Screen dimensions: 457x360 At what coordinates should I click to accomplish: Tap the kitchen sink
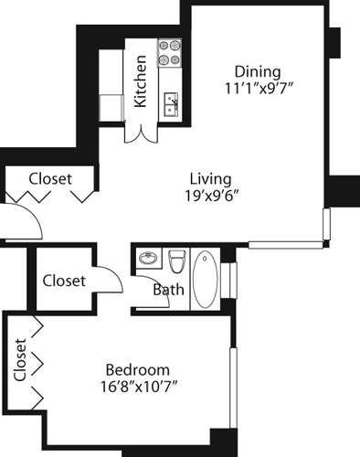pyautogui.click(x=170, y=104)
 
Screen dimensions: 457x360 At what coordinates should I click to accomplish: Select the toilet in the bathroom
pyautogui.click(x=177, y=263)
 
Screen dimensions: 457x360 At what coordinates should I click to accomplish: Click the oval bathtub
pyautogui.click(x=206, y=281)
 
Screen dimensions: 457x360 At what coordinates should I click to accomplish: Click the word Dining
pyautogui.click(x=257, y=71)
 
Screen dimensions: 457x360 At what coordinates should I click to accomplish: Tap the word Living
pyautogui.click(x=210, y=178)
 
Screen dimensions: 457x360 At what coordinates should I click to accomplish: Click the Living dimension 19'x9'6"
pyautogui.click(x=210, y=196)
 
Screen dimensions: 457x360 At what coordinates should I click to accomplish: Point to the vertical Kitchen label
pyautogui.click(x=141, y=81)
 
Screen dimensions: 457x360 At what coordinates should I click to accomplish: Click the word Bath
pyautogui.click(x=167, y=291)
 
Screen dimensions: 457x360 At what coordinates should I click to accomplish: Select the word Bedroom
pyautogui.click(x=137, y=369)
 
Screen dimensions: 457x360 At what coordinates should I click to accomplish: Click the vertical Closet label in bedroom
pyautogui.click(x=20, y=360)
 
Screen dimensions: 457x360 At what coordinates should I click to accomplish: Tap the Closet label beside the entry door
pyautogui.click(x=49, y=179)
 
